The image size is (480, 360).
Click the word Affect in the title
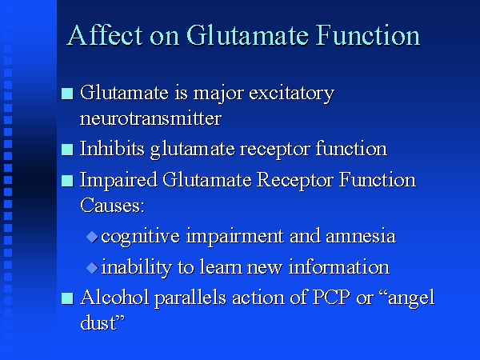[x=105, y=35]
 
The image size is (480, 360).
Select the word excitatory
[x=291, y=94]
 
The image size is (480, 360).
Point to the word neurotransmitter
[x=150, y=118]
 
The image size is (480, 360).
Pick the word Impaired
[x=118, y=180]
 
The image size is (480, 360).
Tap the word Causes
[x=112, y=205]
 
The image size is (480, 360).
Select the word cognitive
[x=140, y=237]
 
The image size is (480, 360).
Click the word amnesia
[x=361, y=236]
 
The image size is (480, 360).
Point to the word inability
[x=136, y=267]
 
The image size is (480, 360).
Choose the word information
[x=339, y=266]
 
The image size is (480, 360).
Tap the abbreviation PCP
[x=331, y=297]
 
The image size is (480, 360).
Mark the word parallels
[x=190, y=298]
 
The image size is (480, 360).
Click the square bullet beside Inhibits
[x=67, y=150]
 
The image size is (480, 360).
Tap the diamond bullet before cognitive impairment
[x=92, y=237]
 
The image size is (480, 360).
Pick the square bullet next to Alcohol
[x=67, y=298]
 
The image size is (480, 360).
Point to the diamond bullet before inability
[x=92, y=268]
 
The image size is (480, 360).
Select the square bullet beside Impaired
[x=67, y=181]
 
